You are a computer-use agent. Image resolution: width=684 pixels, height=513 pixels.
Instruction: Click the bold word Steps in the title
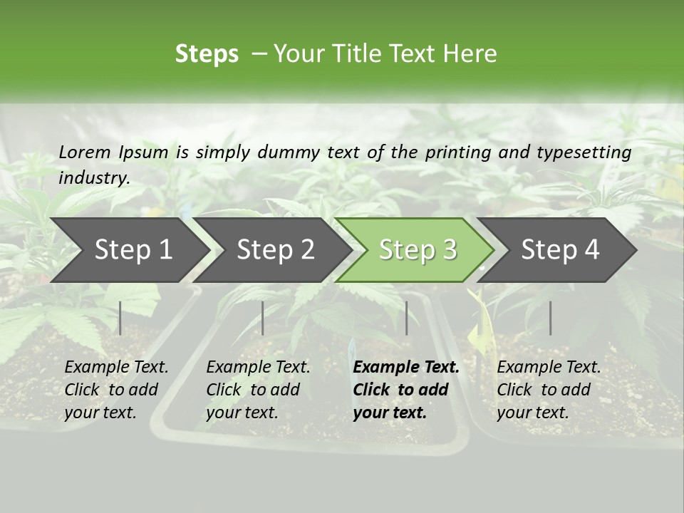[x=207, y=54]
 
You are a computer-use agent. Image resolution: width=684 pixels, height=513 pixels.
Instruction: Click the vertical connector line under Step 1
[x=120, y=318]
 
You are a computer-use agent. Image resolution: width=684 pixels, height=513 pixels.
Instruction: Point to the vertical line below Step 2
[x=263, y=318]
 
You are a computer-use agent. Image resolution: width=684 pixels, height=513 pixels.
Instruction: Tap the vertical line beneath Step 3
[x=407, y=318]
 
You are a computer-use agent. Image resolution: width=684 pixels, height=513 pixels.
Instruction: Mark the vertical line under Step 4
[x=551, y=318]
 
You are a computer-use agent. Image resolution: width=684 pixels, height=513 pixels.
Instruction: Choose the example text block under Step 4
[x=549, y=390]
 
